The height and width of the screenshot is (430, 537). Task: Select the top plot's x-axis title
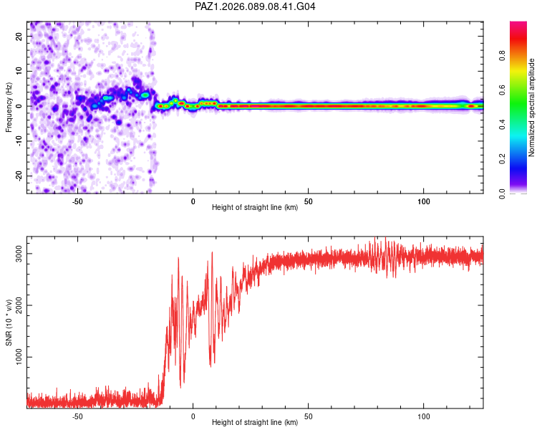[x=255, y=208]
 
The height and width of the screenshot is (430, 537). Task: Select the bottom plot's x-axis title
[x=255, y=422]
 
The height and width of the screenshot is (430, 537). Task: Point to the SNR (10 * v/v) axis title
[x=9, y=322]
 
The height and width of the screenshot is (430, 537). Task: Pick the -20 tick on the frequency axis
[x=19, y=176]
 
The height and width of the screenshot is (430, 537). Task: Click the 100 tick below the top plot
[x=423, y=200]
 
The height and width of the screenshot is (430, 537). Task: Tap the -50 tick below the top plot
[x=78, y=200]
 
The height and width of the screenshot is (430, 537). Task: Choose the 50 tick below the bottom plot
[x=308, y=415]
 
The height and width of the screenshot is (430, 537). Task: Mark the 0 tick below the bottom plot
[x=193, y=415]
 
